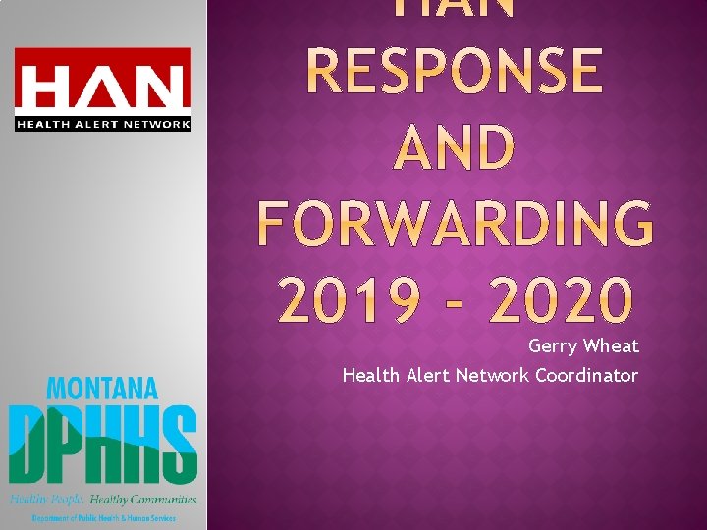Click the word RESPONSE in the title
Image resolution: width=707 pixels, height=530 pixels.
(x=455, y=71)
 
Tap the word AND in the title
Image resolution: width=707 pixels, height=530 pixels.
(x=455, y=149)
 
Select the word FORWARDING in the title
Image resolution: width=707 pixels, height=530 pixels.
(x=455, y=225)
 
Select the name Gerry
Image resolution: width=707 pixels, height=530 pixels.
(x=553, y=346)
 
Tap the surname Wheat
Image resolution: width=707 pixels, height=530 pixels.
(x=611, y=346)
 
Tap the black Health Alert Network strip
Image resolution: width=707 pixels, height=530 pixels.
(x=102, y=123)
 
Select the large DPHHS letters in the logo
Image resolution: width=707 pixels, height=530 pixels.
(x=102, y=442)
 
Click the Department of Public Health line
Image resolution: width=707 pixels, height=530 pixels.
(x=102, y=517)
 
